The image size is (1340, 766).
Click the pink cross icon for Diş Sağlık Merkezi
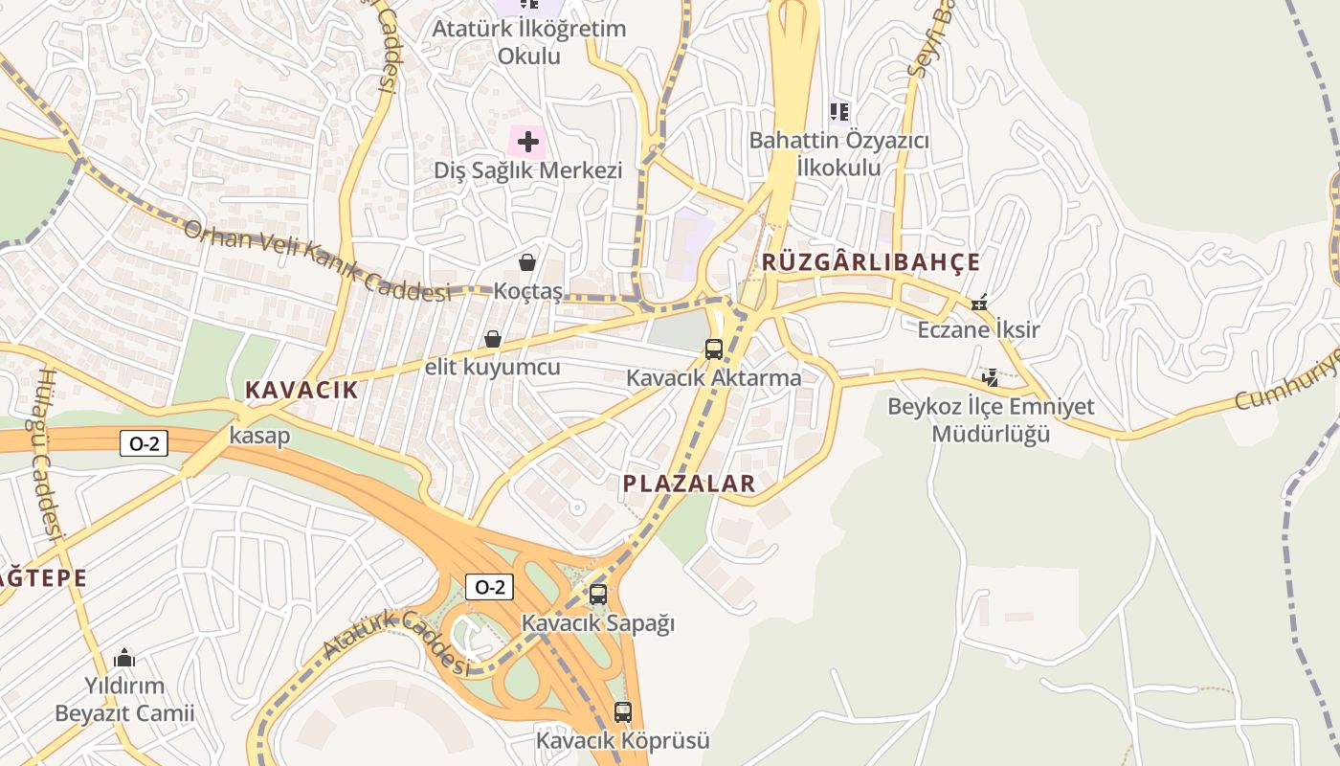pyautogui.click(x=527, y=144)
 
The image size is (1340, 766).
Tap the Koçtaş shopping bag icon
pyautogui.click(x=527, y=262)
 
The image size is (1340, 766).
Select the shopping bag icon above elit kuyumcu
pyautogui.click(x=493, y=339)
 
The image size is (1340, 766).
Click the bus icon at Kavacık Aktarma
pyautogui.click(x=714, y=349)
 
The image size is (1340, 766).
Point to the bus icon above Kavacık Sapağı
pyautogui.click(x=598, y=595)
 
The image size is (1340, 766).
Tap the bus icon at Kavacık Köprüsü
pyautogui.click(x=623, y=712)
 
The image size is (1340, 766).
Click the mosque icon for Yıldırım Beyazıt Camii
pyautogui.click(x=124, y=659)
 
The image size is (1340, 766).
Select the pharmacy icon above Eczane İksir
pyautogui.click(x=979, y=304)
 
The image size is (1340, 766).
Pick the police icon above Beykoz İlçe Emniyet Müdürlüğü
pyautogui.click(x=991, y=378)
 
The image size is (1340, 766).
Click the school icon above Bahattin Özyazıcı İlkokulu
pyautogui.click(x=839, y=112)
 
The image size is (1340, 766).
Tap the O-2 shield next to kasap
pyautogui.click(x=144, y=443)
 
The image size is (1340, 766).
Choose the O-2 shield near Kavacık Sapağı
pyautogui.click(x=489, y=587)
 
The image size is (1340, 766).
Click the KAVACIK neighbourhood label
pyautogui.click(x=301, y=390)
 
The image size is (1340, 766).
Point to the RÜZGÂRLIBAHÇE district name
pyautogui.click(x=871, y=262)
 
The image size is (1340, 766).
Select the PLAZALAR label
pyautogui.click(x=689, y=484)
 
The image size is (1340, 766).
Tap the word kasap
pyautogui.click(x=259, y=436)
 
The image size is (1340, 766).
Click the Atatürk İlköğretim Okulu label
pyautogui.click(x=528, y=41)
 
